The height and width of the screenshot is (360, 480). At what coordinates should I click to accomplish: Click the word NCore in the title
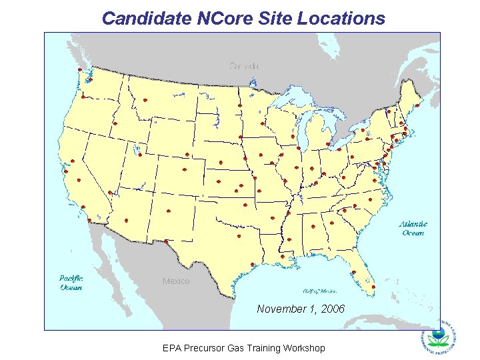[224, 18]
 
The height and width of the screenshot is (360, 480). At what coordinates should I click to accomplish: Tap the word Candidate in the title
[147, 18]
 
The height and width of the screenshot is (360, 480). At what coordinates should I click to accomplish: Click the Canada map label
[244, 65]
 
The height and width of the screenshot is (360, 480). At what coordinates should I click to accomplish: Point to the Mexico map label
[176, 281]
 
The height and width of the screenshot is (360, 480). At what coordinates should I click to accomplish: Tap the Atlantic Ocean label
[413, 229]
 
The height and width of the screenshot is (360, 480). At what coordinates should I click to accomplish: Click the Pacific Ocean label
[71, 283]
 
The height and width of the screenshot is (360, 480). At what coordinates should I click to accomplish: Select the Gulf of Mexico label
[320, 291]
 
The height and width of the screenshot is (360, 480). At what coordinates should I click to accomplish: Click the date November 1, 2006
[301, 309]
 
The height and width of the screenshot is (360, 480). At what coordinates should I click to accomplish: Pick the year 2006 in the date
[332, 309]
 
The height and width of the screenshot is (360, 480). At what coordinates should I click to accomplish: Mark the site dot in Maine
[417, 105]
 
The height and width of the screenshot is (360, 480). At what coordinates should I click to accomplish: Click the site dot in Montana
[145, 101]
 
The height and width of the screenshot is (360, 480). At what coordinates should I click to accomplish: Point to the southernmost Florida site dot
[373, 287]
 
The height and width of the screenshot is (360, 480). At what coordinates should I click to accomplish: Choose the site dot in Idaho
[115, 124]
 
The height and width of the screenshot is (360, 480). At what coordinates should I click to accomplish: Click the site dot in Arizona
[127, 220]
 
